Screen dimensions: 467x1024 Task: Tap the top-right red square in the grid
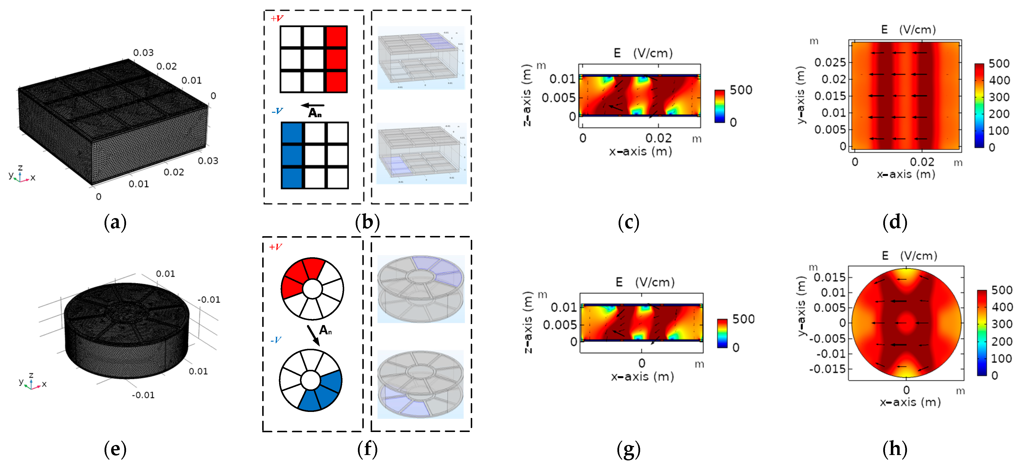click(336, 37)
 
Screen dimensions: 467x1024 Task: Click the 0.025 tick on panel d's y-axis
click(830, 62)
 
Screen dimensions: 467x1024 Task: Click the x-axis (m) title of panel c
click(640, 152)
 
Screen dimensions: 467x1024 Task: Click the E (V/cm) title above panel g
click(645, 282)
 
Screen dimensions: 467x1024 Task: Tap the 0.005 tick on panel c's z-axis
click(558, 98)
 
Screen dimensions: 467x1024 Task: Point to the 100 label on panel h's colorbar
click(1001, 359)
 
